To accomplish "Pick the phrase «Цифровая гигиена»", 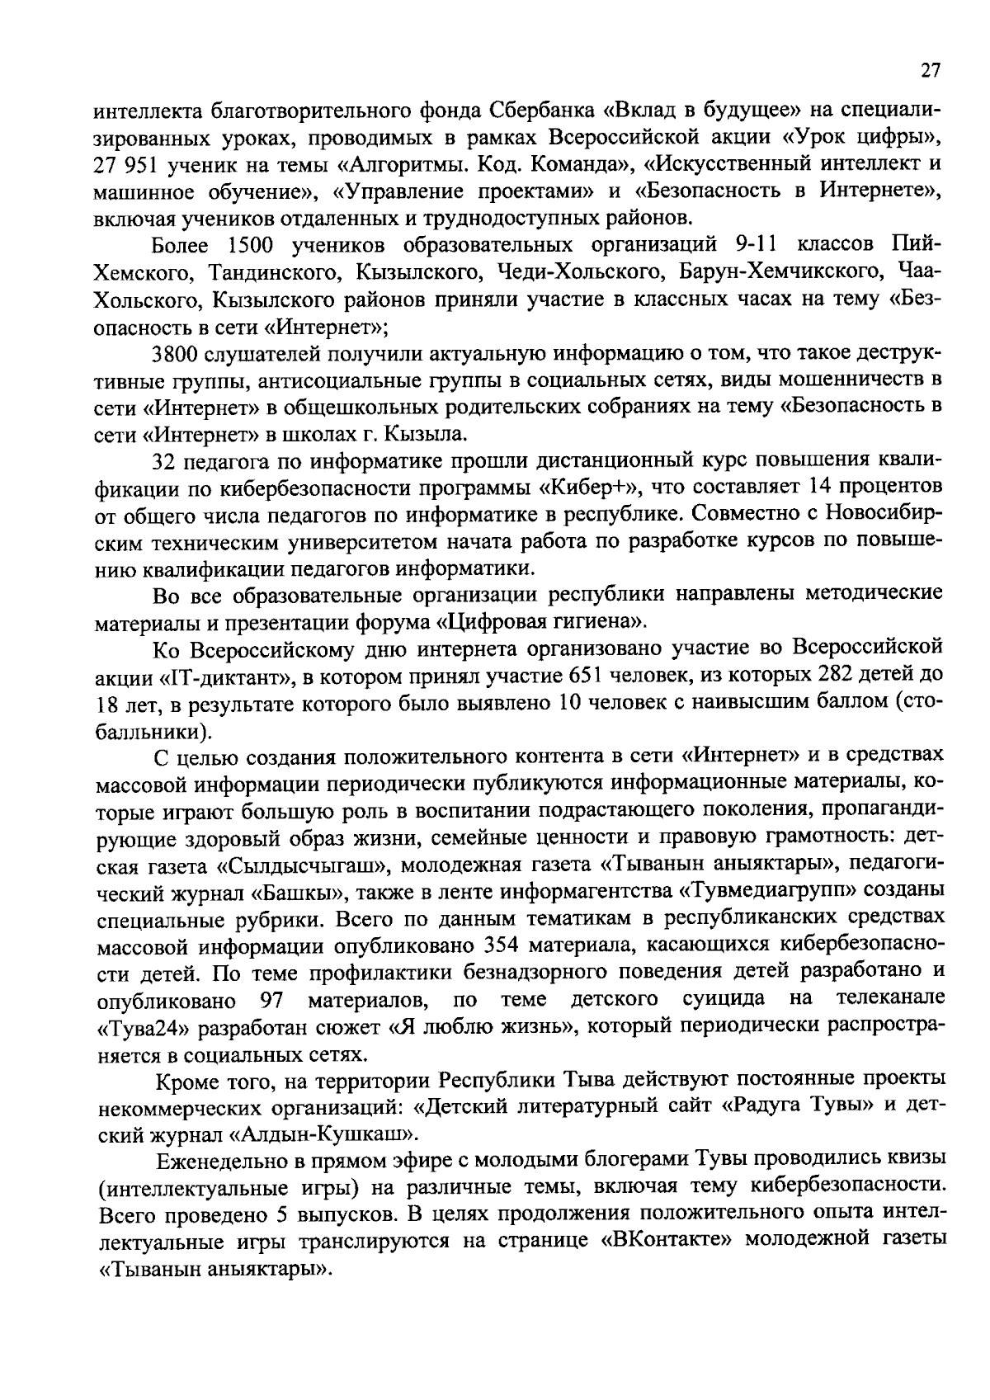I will coord(549,622).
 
